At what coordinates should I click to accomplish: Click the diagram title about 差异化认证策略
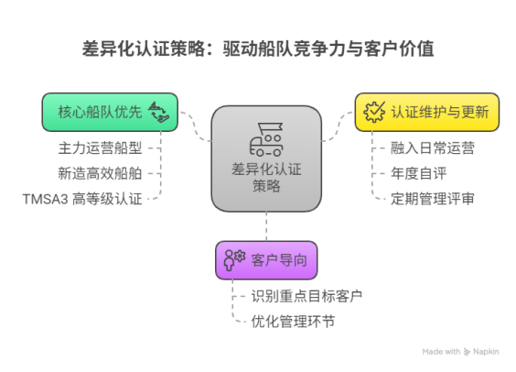258,49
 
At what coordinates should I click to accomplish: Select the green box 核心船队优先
110,112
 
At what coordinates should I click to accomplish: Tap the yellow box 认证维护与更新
427,112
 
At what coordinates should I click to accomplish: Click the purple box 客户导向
266,260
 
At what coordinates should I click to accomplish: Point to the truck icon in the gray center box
266,139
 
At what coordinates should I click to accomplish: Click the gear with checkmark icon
374,112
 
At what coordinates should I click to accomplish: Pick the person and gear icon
234,260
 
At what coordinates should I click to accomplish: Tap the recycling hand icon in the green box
159,112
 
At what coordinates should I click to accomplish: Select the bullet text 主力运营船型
100,148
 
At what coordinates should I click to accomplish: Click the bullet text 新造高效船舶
100,173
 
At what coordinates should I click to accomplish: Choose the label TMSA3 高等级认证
82,199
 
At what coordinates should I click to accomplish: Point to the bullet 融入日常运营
433,148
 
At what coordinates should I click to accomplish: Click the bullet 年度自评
419,173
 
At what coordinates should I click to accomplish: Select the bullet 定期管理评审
433,199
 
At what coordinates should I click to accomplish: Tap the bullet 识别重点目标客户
306,296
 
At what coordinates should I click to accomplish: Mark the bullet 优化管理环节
293,322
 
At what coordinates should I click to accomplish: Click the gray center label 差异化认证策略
266,178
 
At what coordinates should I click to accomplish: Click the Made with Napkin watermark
461,352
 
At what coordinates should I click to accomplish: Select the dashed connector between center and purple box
266,226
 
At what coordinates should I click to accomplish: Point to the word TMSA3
45,200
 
